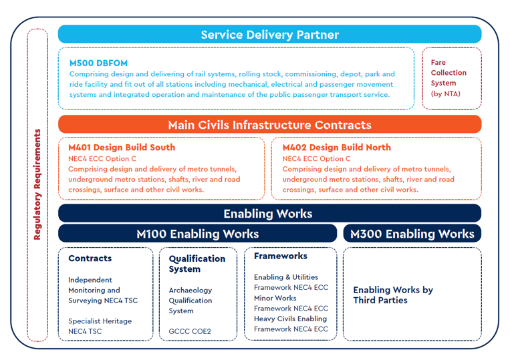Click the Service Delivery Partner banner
point(269,35)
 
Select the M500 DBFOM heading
point(98,63)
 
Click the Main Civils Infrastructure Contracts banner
point(269,125)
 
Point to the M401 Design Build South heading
point(122,148)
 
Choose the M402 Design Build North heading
point(336,148)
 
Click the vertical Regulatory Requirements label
point(37,184)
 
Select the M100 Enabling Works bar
point(197,234)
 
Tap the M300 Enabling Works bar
point(412,234)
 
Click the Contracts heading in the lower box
point(90,258)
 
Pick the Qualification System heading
point(197,264)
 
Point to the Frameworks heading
point(280,256)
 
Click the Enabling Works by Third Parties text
point(392,295)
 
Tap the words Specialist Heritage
point(100,321)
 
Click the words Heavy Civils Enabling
point(290,319)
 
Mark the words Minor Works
point(275,298)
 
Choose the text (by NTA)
point(445,94)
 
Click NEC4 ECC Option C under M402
point(316,159)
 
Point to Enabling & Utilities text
point(285,277)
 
